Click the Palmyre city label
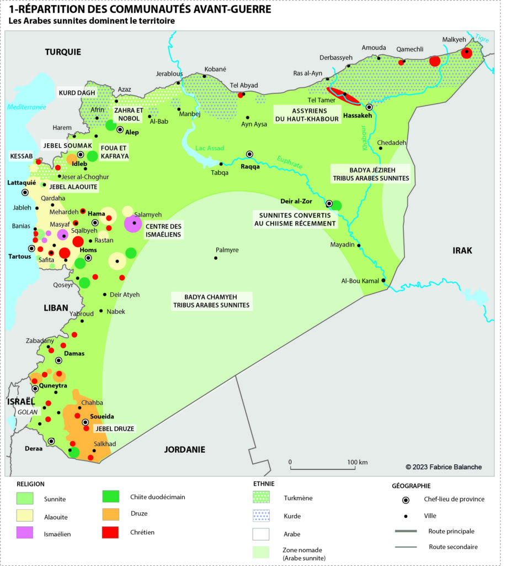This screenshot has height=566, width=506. [x=227, y=250]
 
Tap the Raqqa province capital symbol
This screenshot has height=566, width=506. [x=250, y=154]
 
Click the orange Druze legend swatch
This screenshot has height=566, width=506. [x=111, y=514]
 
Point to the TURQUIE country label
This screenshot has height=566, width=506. [x=63, y=52]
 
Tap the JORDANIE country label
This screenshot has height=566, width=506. [x=184, y=449]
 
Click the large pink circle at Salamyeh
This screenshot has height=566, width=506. [x=133, y=223]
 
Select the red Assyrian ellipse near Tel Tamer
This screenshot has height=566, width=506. [x=343, y=96]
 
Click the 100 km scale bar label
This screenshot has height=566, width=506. [x=358, y=462]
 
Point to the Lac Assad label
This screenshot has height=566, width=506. [x=210, y=148]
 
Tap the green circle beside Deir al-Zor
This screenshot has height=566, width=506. [x=336, y=206]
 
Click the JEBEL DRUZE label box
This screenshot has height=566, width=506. [x=115, y=428]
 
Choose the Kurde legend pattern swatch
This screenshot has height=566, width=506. [x=261, y=516]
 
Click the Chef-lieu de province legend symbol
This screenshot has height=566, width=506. [x=406, y=500]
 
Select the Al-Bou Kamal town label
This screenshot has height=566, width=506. [x=359, y=281]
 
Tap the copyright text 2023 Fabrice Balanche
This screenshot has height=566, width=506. [x=444, y=467]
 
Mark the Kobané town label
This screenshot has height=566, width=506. [x=216, y=69]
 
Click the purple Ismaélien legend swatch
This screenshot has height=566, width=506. [x=25, y=533]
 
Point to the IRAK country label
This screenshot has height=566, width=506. [x=462, y=250]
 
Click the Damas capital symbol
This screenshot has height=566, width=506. [x=59, y=359]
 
